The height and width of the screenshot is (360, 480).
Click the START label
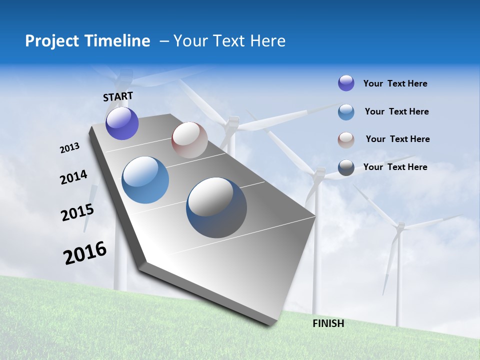[118, 96]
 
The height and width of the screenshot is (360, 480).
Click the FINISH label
[328, 323]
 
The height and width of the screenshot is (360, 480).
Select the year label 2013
[70, 148]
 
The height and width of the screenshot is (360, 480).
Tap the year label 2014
[73, 177]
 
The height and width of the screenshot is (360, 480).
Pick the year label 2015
[77, 212]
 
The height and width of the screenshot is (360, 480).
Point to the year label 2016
[85, 253]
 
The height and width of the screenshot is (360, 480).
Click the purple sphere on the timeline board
[122, 123]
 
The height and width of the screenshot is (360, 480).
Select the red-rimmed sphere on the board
[189, 140]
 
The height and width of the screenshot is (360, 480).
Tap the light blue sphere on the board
[145, 180]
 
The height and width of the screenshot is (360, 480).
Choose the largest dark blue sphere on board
[216, 207]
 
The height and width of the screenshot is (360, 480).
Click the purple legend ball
[346, 83]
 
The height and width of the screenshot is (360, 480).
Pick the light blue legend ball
[346, 112]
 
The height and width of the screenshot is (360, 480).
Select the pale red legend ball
[346, 139]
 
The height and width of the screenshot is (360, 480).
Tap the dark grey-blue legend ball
[346, 167]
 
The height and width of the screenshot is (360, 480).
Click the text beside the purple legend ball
[395, 84]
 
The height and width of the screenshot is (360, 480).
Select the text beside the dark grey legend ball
[395, 167]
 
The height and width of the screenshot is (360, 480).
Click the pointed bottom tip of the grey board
[270, 324]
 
